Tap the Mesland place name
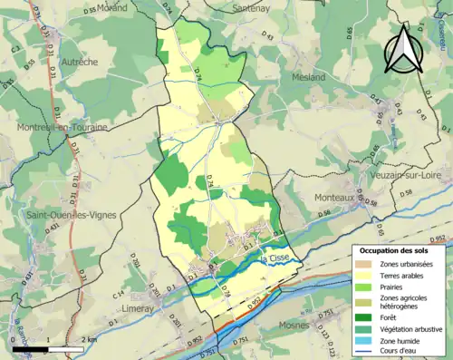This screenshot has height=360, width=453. (x=308, y=77)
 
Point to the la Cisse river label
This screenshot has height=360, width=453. (x=275, y=261)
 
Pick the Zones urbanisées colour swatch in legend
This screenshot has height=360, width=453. (x=366, y=264)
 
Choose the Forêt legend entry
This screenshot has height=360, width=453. (x=394, y=316)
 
